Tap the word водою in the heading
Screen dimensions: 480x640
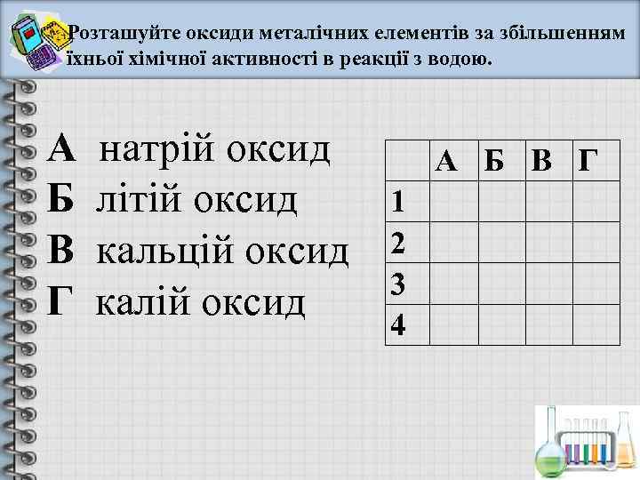click(457, 59)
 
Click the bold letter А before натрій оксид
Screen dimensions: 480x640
click(63, 149)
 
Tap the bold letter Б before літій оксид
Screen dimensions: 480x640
click(63, 200)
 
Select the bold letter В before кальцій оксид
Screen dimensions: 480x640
click(63, 251)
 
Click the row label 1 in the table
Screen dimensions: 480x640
click(400, 203)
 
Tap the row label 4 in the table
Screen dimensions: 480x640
click(400, 326)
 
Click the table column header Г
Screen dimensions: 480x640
click(588, 161)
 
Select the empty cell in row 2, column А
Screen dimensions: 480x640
click(452, 242)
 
